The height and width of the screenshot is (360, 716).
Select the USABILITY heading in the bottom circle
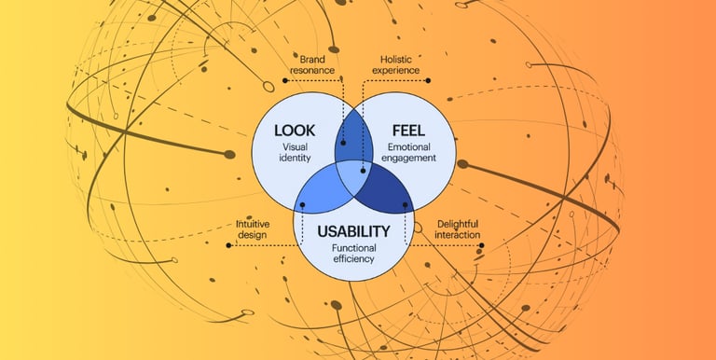(x=351, y=229)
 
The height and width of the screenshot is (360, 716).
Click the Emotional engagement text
(x=413, y=152)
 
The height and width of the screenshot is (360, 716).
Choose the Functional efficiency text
(x=351, y=252)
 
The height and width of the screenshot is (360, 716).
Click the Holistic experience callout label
(x=394, y=62)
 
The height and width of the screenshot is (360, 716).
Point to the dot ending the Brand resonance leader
(x=342, y=144)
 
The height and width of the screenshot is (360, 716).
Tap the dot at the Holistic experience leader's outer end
(x=428, y=79)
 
